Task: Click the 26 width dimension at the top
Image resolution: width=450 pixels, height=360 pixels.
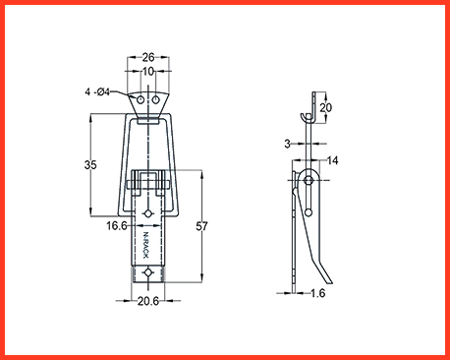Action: point(148,57)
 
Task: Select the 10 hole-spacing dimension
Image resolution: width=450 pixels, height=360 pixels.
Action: point(148,71)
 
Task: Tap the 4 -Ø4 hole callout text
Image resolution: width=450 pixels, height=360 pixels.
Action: point(97,92)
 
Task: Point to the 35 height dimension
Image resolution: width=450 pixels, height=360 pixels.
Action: point(90,164)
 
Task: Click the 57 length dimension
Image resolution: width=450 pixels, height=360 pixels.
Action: point(201,226)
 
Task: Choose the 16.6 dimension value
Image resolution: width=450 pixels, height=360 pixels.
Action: point(117,225)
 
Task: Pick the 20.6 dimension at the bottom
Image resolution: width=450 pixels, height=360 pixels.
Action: point(148,301)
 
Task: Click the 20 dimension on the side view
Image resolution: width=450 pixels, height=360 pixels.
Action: point(325,107)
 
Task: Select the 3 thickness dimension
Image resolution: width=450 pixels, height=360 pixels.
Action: point(287,144)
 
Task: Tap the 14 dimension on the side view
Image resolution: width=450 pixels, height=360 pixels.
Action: point(332,160)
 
